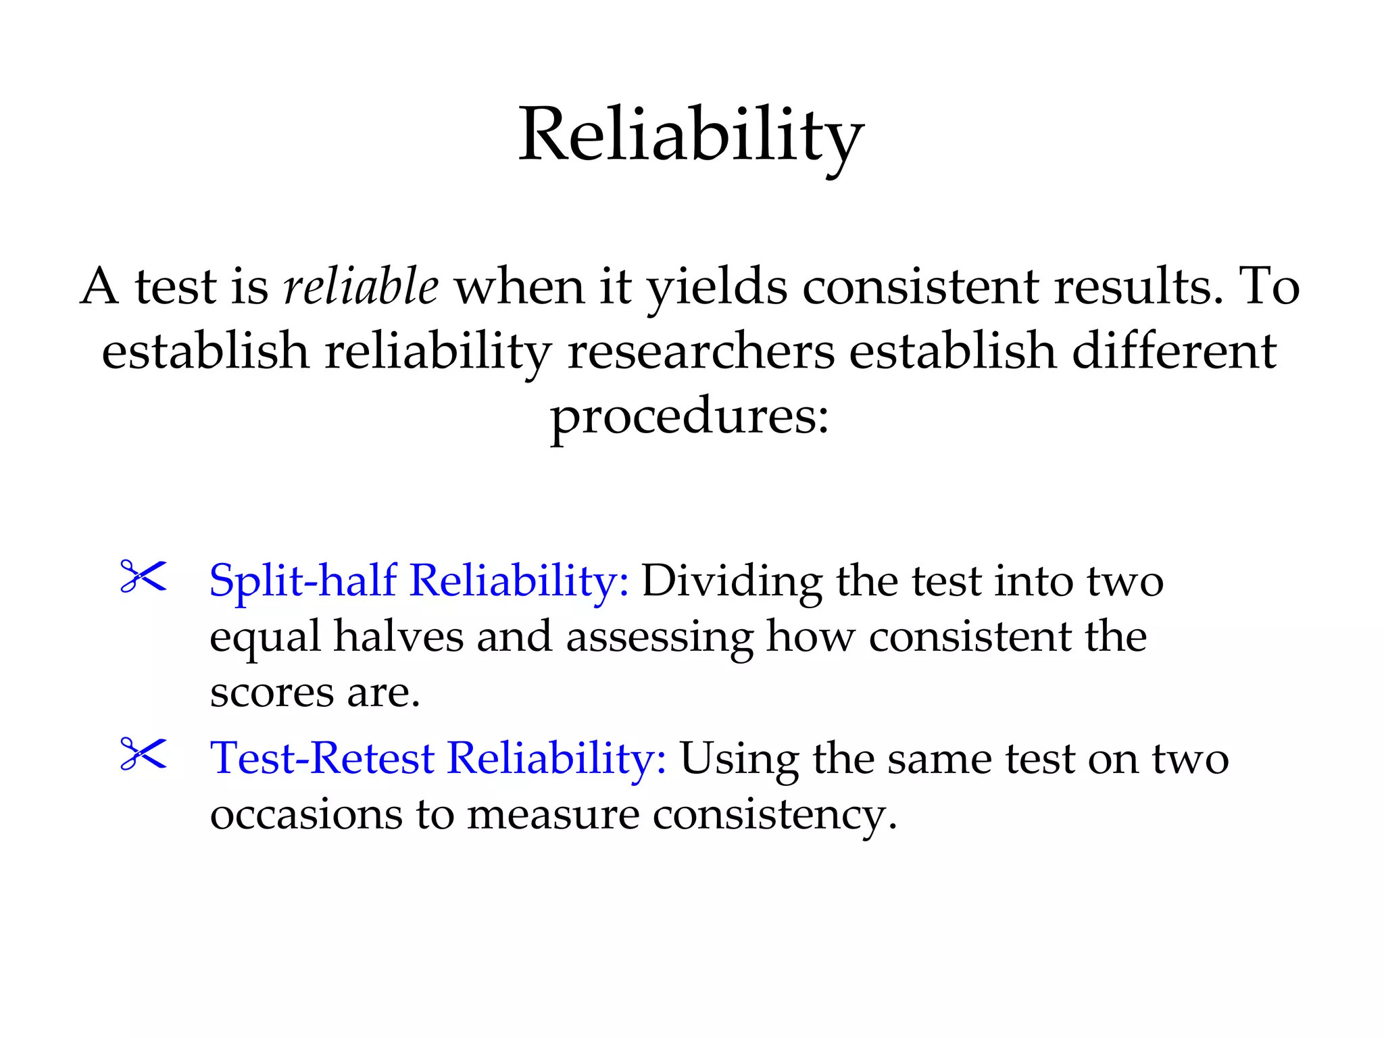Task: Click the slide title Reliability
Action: [x=691, y=137]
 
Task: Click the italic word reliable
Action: [x=361, y=287]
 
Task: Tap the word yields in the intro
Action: [x=717, y=288]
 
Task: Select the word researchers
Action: [x=701, y=351]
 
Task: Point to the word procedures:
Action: [x=690, y=417]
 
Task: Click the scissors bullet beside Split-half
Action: [x=143, y=576]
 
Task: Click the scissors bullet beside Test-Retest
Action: [x=143, y=754]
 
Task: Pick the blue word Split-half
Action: [x=303, y=581]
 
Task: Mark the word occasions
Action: [x=305, y=814]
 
